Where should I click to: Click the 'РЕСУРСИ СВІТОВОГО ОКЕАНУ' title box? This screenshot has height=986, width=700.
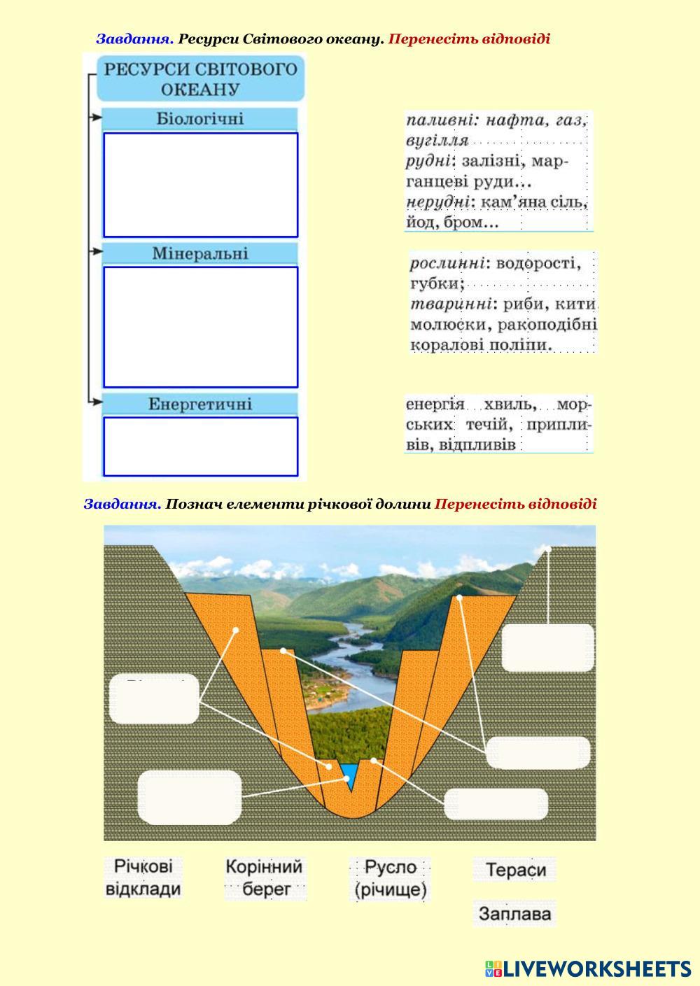click(200, 78)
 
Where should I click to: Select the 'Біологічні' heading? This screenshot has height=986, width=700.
click(200, 119)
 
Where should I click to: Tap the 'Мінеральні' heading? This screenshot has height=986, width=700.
click(200, 253)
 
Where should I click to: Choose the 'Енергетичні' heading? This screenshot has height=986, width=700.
click(200, 404)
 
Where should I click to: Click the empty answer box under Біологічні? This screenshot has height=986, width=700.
click(200, 185)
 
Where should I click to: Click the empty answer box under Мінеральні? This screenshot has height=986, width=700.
click(200, 327)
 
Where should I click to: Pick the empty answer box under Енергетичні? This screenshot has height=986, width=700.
click(200, 446)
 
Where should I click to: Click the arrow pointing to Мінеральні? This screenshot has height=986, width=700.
click(95, 250)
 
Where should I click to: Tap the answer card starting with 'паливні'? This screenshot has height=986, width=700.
click(498, 171)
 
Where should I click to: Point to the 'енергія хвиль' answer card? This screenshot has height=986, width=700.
click(498, 424)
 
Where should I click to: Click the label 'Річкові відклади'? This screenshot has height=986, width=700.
click(143, 878)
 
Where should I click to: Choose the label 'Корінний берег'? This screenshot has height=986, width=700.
click(265, 878)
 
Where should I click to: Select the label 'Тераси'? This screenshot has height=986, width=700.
click(515, 870)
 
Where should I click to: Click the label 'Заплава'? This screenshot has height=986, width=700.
click(514, 913)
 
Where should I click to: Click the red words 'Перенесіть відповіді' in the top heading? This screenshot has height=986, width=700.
click(469, 39)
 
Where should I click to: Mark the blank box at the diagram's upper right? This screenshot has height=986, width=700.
click(548, 648)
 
